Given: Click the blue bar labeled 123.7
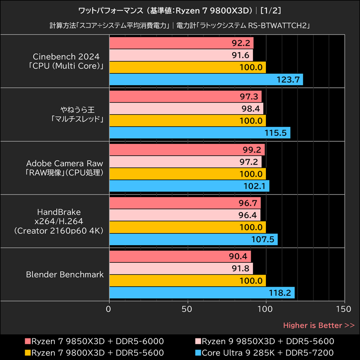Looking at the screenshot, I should tap(206, 80).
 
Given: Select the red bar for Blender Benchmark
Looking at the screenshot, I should tap(180, 256).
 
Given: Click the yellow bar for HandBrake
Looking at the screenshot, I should tap(187, 227).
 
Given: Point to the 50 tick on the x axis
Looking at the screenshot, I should tap(187, 309).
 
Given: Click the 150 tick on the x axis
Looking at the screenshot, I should tap(344, 309).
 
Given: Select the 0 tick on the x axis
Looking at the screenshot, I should tap(109, 309).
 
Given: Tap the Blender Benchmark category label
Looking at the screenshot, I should tap(65, 274).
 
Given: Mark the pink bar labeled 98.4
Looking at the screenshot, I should tap(186, 109).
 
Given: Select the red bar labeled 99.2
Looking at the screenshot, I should tap(187, 150).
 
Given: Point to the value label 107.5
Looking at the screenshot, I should tap(266, 239).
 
